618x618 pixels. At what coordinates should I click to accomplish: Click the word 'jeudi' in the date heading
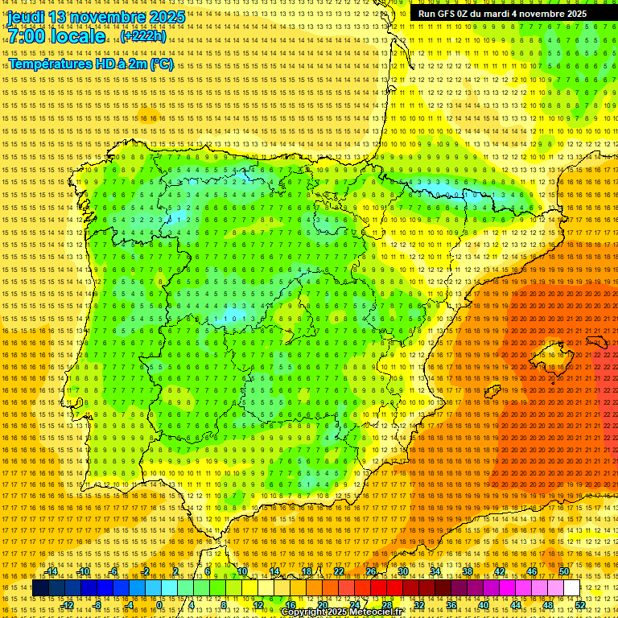click(x=25, y=17)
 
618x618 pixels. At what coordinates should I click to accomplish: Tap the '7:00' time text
click(x=27, y=36)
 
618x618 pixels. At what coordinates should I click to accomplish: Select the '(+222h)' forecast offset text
click(x=143, y=35)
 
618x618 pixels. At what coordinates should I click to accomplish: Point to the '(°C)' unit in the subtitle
click(x=161, y=64)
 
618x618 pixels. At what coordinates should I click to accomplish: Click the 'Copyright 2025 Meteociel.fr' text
click(x=341, y=612)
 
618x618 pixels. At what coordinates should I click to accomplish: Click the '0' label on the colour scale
click(x=160, y=605)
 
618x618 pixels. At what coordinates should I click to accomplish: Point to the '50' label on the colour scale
click(x=564, y=571)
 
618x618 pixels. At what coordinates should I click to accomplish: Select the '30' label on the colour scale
click(x=403, y=571)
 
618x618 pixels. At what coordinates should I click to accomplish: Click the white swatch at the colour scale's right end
click(x=571, y=588)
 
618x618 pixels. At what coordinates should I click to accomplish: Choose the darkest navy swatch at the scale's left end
click(x=40, y=588)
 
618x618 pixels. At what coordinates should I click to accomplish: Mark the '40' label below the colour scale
click(x=484, y=605)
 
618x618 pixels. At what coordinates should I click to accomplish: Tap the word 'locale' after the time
click(x=78, y=36)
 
